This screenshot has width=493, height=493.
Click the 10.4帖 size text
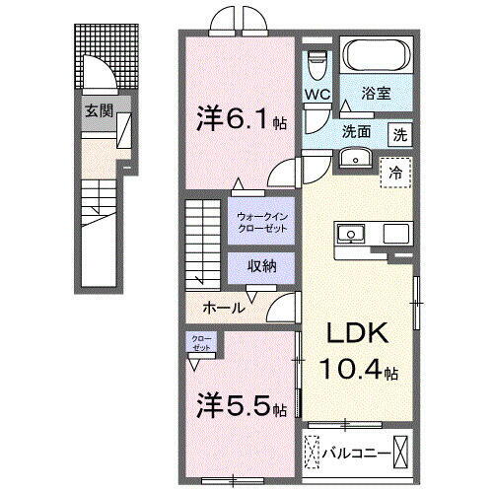[x=356, y=373]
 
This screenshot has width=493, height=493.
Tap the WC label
[x=317, y=95]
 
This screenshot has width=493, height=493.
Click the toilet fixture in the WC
[x=317, y=63]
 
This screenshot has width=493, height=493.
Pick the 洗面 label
[x=357, y=132]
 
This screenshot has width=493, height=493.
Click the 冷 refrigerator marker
[x=395, y=170]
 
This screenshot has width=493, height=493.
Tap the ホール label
[x=223, y=308]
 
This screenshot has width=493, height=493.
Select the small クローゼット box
[x=201, y=345]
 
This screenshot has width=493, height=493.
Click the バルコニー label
[x=358, y=454]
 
